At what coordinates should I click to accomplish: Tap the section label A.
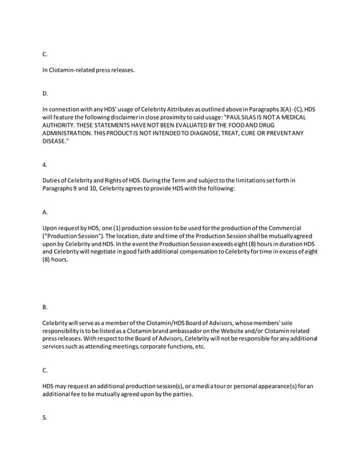45,212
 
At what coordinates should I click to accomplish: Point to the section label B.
45,308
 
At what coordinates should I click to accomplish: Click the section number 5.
45,418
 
